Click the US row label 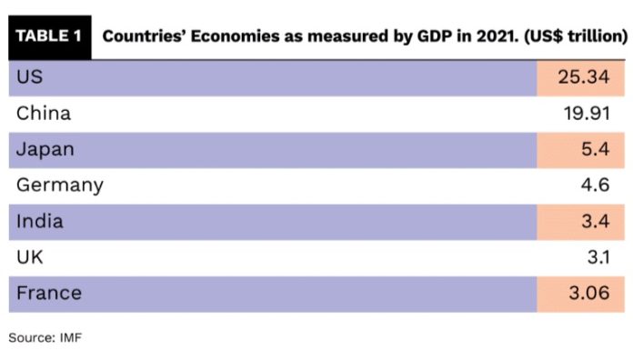30,78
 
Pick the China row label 44,114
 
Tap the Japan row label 45,149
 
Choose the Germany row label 60,185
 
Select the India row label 41,221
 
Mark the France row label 49,293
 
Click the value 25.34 583,78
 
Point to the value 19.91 586,114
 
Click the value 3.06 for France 588,293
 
